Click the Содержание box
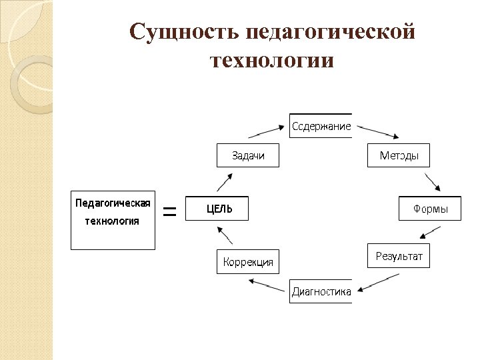click(x=320, y=126)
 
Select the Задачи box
click(x=248, y=155)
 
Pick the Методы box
click(x=399, y=155)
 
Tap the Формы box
click(x=430, y=209)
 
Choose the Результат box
click(x=399, y=256)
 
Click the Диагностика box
click(x=320, y=291)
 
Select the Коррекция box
click(x=248, y=261)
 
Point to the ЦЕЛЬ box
click(x=217, y=209)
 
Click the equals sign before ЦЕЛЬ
click(x=170, y=212)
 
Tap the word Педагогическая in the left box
click(x=113, y=202)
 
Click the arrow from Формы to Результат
click(x=430, y=232)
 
